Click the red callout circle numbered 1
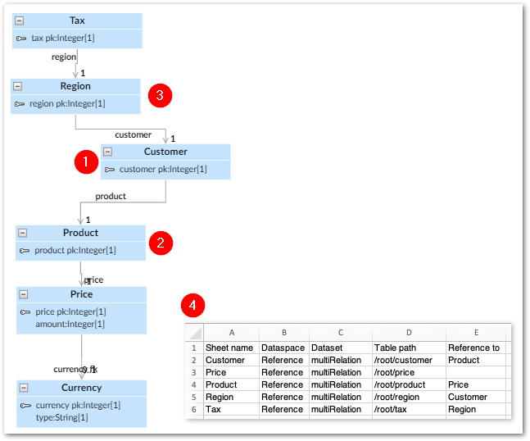pos(86,161)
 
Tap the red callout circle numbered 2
pos(161,242)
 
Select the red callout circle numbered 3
pos(160,95)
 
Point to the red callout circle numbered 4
pos(193,307)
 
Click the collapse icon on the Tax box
pos(20,20)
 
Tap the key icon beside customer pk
pos(110,170)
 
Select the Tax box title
pos(77,20)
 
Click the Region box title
pos(75,86)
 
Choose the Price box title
pos(81,294)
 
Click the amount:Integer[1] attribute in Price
pos(70,324)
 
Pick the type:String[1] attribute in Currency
pos(61,417)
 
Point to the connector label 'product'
pos(111,196)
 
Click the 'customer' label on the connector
pos(133,134)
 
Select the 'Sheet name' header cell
pos(225,348)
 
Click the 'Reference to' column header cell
pos(473,348)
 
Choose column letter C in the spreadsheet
pos(340,333)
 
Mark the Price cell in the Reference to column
pos(459,384)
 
